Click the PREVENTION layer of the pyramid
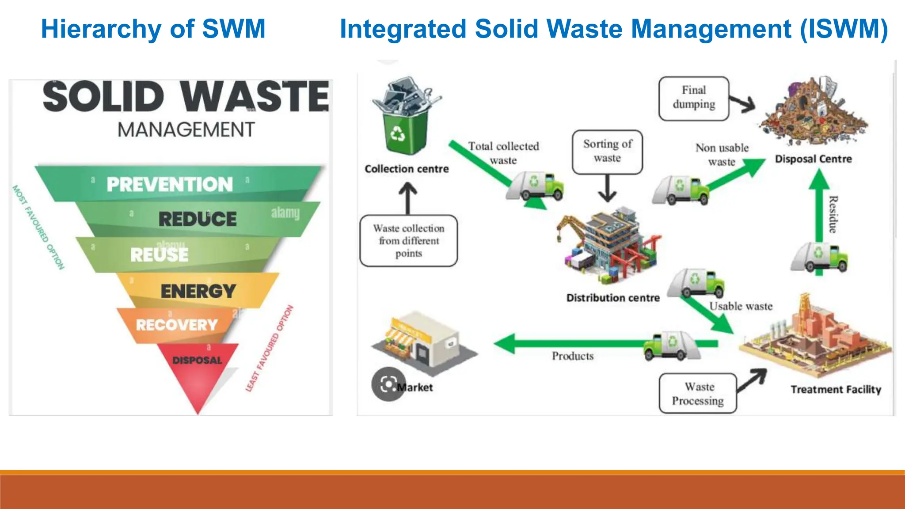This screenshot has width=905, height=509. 170,184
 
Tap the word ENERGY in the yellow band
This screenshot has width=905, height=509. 198,291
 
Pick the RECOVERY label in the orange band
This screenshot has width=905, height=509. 177,325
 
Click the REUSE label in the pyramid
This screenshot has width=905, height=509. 160,255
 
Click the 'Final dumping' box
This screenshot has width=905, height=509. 693,98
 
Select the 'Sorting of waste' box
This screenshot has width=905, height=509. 607,152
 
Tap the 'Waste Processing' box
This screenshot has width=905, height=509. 698,393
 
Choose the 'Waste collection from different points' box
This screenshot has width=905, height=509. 408,241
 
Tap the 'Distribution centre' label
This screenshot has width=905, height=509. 613,298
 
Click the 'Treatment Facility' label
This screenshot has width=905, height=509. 836,389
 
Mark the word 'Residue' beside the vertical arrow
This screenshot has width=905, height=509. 833,214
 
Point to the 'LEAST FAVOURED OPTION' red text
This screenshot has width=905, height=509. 269,349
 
